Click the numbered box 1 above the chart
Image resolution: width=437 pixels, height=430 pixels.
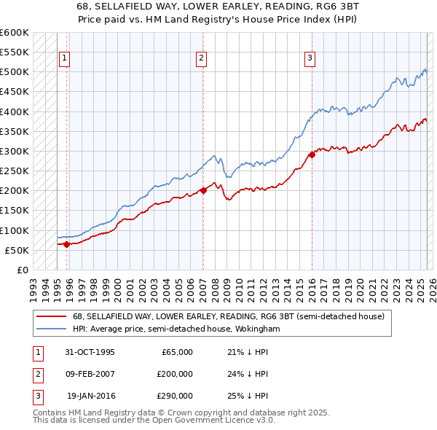point(65,59)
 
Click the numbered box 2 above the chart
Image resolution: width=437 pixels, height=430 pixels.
point(201,59)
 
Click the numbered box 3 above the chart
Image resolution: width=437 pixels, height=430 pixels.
point(310,59)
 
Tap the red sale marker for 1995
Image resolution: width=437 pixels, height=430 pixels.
point(66,244)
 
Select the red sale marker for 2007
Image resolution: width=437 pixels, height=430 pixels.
point(203,190)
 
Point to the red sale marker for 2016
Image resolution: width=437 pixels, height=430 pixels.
point(311,155)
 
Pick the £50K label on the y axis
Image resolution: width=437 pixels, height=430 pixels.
point(17,250)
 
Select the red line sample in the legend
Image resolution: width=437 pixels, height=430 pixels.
point(52,316)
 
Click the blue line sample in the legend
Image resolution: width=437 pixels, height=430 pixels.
point(52,329)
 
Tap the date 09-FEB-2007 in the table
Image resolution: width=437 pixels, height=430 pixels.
point(90,374)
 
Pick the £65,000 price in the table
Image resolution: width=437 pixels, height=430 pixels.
point(176,352)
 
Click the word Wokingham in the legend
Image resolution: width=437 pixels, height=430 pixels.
point(256,329)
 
